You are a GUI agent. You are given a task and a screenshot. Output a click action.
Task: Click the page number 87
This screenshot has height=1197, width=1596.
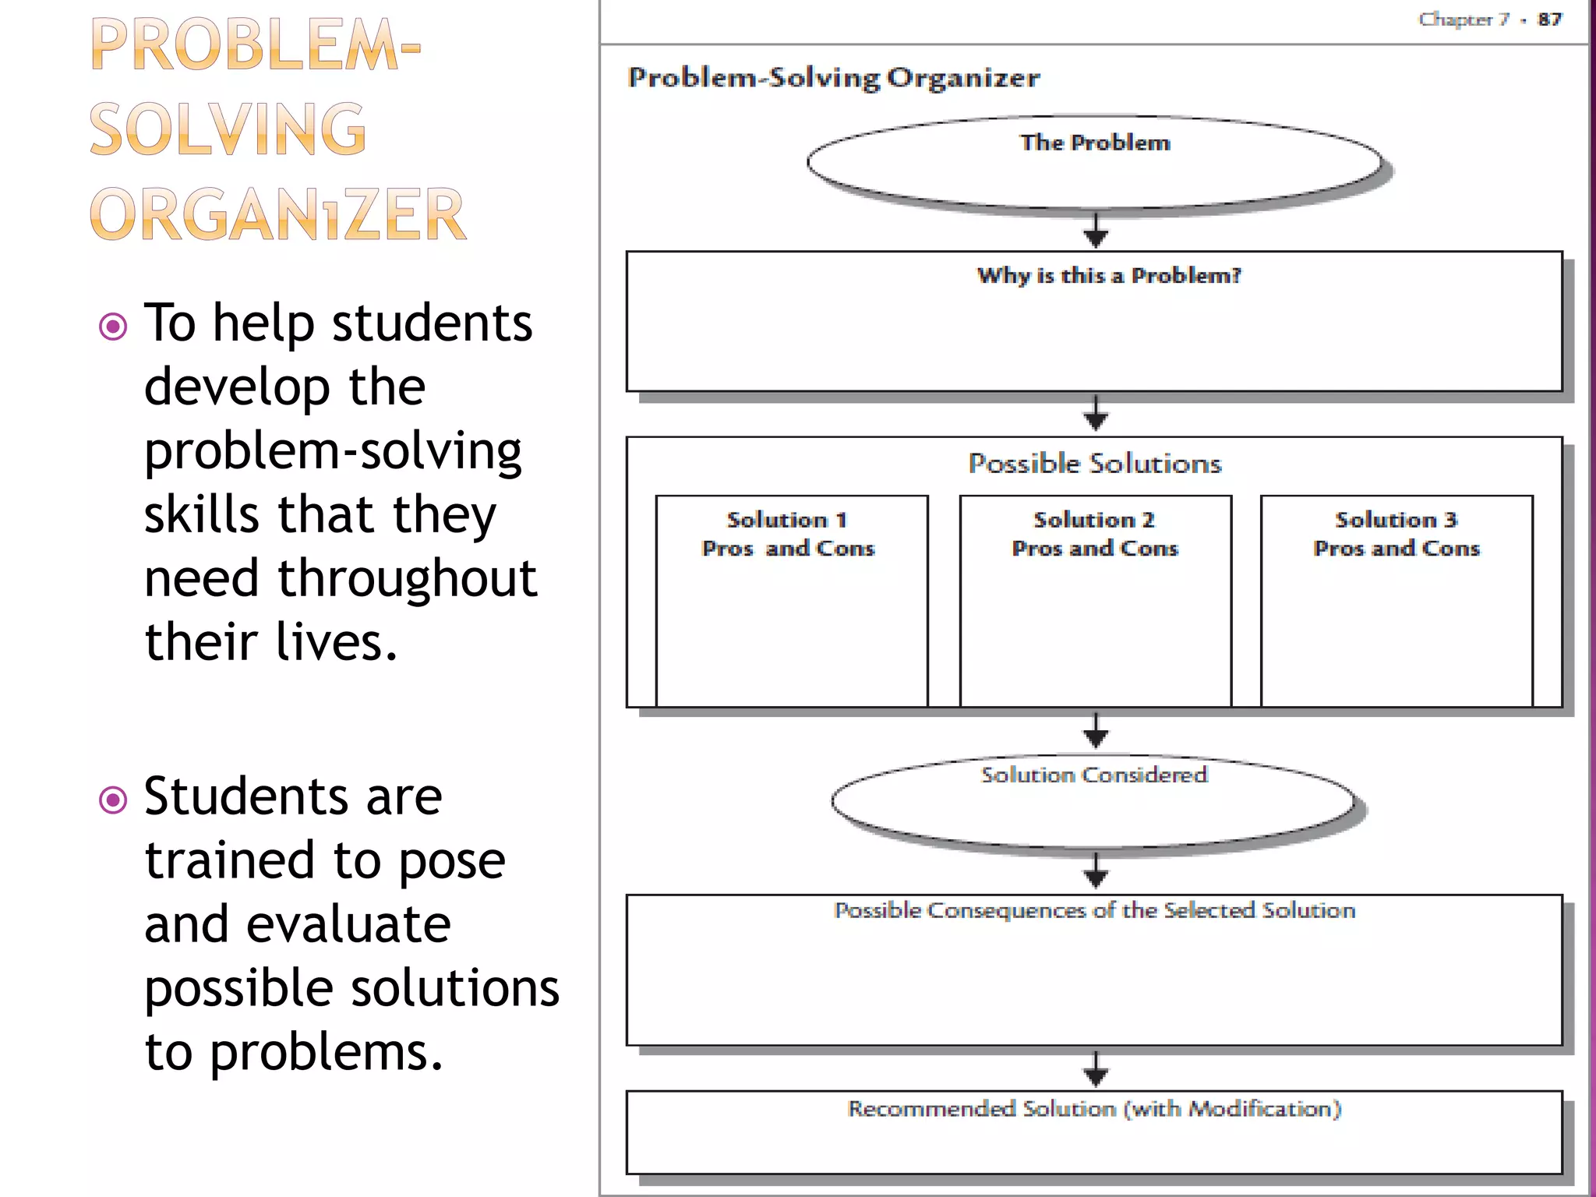1549,19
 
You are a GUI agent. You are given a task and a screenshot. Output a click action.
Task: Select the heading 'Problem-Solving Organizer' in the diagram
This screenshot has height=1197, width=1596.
834,78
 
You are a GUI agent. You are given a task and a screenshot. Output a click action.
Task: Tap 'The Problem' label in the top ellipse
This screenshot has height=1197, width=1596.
1095,143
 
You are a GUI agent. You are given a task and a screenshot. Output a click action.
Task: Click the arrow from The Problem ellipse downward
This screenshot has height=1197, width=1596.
1096,231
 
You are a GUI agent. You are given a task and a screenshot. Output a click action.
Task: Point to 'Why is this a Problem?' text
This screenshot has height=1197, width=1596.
1108,275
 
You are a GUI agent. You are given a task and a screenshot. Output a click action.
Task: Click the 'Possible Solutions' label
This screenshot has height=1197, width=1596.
1095,464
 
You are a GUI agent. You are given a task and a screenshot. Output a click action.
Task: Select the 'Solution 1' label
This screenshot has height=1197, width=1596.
787,520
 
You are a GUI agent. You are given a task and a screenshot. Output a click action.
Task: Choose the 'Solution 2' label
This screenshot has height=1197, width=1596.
1094,520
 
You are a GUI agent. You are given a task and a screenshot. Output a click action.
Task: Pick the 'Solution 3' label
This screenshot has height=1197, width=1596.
1396,520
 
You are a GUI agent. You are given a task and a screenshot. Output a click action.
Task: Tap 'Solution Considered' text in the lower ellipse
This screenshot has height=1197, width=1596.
1094,775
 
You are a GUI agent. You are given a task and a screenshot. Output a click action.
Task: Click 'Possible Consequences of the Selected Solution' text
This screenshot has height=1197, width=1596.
1094,910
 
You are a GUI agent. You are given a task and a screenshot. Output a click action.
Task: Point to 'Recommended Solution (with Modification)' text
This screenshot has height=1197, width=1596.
1094,1108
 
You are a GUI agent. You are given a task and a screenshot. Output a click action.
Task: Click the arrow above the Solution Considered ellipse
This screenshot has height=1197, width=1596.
1096,731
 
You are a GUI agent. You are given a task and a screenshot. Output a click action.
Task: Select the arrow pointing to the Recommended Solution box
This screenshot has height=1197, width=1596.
1096,1071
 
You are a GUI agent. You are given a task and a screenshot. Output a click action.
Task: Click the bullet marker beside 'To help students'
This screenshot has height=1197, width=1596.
114,327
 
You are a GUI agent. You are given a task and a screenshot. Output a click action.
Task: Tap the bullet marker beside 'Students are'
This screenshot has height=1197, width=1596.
114,800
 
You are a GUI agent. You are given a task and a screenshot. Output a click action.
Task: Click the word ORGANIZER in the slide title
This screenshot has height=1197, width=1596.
277,214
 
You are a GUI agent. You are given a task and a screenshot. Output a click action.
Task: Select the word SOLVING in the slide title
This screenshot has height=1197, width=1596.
228,129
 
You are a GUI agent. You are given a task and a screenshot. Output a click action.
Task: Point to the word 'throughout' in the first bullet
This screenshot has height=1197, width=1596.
407,578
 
